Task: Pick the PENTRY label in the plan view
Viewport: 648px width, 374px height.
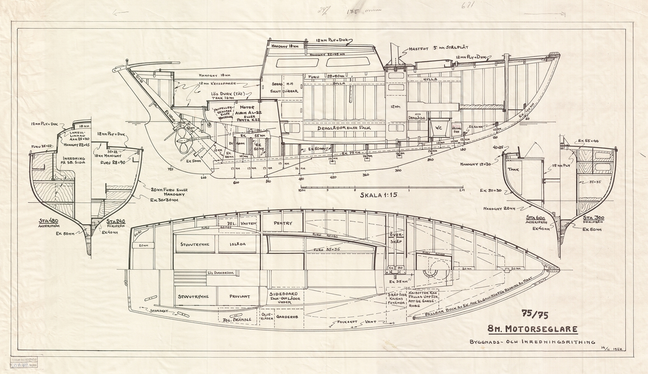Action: tap(283, 223)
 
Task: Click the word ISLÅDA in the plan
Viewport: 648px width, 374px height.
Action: tap(238, 244)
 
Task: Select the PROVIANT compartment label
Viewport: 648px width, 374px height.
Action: tap(239, 296)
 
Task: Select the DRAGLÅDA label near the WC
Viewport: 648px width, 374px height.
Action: tap(418, 117)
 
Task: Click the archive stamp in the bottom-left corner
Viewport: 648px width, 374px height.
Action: tap(21, 362)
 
